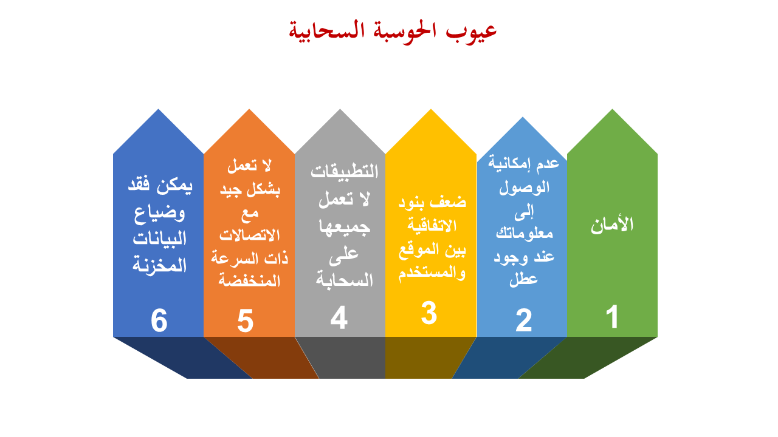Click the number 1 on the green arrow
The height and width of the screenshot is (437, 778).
click(612, 316)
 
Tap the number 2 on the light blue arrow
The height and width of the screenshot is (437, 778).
click(524, 320)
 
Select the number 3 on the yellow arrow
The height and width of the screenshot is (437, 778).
click(429, 313)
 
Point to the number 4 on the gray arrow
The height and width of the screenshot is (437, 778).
click(339, 317)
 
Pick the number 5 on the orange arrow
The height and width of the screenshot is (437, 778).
click(245, 321)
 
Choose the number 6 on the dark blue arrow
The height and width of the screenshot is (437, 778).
click(159, 320)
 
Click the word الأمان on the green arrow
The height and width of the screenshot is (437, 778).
click(612, 225)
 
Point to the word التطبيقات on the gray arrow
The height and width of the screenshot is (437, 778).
click(344, 171)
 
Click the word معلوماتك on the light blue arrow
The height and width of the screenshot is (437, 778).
click(524, 232)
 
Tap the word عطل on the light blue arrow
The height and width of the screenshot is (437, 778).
click(523, 279)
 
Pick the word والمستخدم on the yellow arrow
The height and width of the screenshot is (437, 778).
click(432, 273)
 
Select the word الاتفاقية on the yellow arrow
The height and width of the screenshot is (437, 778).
click(432, 225)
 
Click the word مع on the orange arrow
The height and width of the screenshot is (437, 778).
click(250, 213)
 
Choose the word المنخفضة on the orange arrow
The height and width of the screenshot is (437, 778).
click(249, 280)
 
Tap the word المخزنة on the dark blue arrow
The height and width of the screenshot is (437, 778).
click(159, 265)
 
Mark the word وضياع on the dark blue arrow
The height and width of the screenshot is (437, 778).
click(159, 213)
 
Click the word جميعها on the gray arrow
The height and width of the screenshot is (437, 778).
click(344, 227)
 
